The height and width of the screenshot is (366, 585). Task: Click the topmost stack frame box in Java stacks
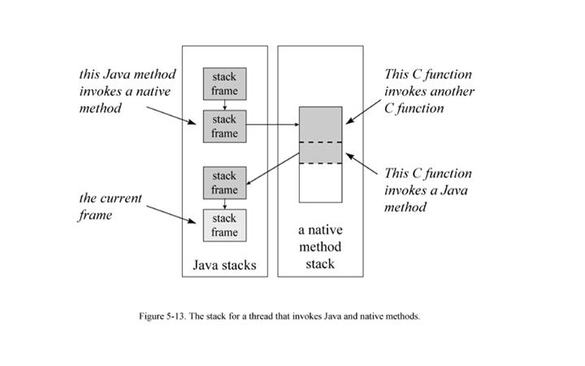pyautogui.click(x=224, y=84)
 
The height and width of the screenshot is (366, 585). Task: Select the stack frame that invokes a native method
pyautogui.click(x=224, y=126)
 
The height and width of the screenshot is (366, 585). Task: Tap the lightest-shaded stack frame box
pyautogui.click(x=224, y=225)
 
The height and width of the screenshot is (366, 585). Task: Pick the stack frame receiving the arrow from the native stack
pyautogui.click(x=224, y=182)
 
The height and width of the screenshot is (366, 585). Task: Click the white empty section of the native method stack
pyautogui.click(x=320, y=183)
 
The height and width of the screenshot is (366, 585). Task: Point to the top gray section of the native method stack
pyautogui.click(x=320, y=124)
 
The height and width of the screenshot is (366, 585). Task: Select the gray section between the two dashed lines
pyautogui.click(x=320, y=154)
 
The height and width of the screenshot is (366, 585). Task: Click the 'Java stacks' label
pyautogui.click(x=224, y=265)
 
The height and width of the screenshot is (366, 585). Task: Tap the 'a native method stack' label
pyautogui.click(x=320, y=246)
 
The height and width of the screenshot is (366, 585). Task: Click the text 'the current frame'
pyautogui.click(x=110, y=207)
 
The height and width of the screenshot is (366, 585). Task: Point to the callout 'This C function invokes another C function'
pyautogui.click(x=428, y=91)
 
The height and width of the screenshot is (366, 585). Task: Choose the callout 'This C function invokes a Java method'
pyautogui.click(x=427, y=190)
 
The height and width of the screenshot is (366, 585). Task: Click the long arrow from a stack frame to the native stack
pyautogui.click(x=272, y=126)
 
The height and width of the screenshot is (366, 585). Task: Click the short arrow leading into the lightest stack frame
pyautogui.click(x=224, y=204)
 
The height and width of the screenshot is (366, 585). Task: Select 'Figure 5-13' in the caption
pyautogui.click(x=164, y=316)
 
